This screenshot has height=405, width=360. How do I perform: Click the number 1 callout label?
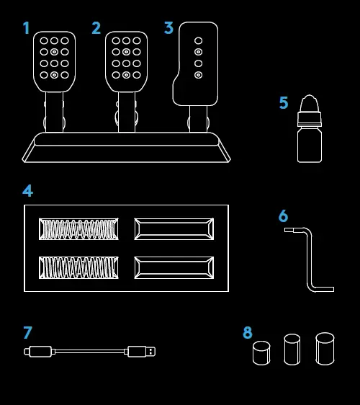(x=27, y=29)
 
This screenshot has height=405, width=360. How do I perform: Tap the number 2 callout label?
(x=96, y=29)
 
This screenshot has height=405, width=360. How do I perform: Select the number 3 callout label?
(x=168, y=29)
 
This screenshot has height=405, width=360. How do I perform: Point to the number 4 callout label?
(x=28, y=191)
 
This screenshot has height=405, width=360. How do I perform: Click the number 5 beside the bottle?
(x=284, y=103)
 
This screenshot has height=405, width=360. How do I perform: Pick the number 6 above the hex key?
(x=283, y=216)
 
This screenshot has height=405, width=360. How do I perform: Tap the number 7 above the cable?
(x=28, y=333)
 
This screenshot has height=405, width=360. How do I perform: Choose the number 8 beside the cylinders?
(x=248, y=333)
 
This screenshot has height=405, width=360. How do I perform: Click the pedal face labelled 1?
(x=54, y=61)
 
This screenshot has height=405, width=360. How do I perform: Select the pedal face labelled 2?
(x=126, y=61)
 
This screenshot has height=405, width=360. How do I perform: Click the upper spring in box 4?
(x=78, y=229)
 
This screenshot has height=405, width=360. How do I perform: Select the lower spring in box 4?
(x=78, y=267)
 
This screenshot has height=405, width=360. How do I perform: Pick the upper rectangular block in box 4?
(x=174, y=229)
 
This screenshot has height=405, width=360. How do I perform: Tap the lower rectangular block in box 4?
(x=174, y=267)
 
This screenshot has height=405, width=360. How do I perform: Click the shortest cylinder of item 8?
(x=261, y=353)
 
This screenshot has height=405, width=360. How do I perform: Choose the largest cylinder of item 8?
(x=325, y=349)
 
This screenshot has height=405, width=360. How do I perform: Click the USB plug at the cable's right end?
(x=140, y=352)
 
